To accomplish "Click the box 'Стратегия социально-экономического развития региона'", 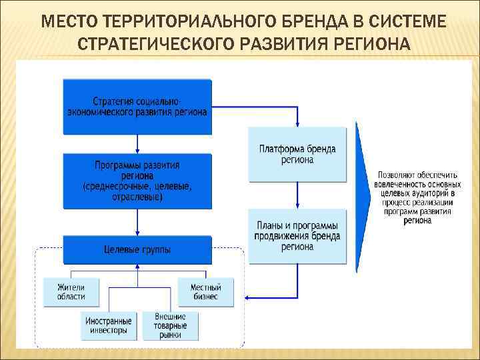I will point(137,107).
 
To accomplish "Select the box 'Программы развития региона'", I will point(137,180).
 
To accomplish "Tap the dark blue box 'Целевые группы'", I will point(137,249).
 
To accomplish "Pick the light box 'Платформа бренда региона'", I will point(297,154).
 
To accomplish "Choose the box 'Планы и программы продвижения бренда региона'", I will point(297,236).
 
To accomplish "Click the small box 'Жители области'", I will point(71,291).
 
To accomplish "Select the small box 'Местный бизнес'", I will point(206,291).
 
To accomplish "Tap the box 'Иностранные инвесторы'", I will point(109,325).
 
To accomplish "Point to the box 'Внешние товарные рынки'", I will point(171,325).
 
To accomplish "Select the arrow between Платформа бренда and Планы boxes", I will point(297,197).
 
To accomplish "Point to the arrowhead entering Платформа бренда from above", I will point(297,122).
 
